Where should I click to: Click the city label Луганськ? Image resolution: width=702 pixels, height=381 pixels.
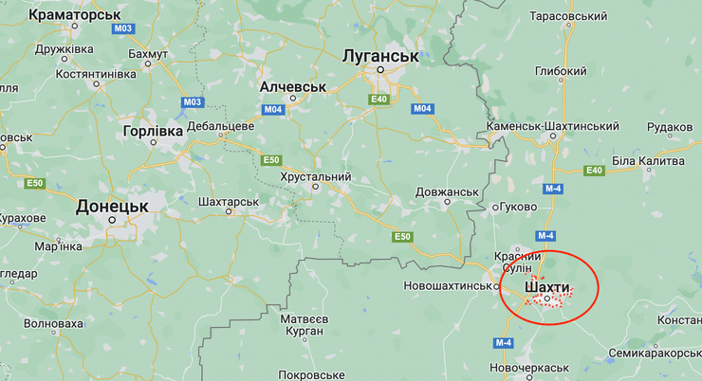(380, 56)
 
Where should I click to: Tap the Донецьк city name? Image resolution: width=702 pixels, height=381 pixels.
(112, 205)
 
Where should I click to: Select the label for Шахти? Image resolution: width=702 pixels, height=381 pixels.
(547, 285)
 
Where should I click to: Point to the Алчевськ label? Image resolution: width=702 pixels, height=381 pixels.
(293, 86)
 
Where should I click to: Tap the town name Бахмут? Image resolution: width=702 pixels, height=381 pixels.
(146, 54)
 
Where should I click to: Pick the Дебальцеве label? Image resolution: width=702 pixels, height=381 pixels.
(220, 125)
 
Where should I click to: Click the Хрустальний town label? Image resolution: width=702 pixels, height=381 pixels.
(316, 176)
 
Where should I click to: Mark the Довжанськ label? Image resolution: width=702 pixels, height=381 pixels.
(447, 192)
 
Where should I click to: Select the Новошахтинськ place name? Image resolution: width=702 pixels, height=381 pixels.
(449, 285)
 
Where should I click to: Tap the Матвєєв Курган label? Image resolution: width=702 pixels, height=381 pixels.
(305, 325)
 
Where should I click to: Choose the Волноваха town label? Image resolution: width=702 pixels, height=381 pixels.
(53, 322)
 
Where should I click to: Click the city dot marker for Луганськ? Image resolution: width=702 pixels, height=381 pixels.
(380, 70)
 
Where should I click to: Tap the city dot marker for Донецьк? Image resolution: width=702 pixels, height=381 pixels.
(112, 221)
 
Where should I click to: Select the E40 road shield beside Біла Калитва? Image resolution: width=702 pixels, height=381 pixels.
(595, 171)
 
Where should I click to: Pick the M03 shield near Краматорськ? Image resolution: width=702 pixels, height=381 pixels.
(122, 28)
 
